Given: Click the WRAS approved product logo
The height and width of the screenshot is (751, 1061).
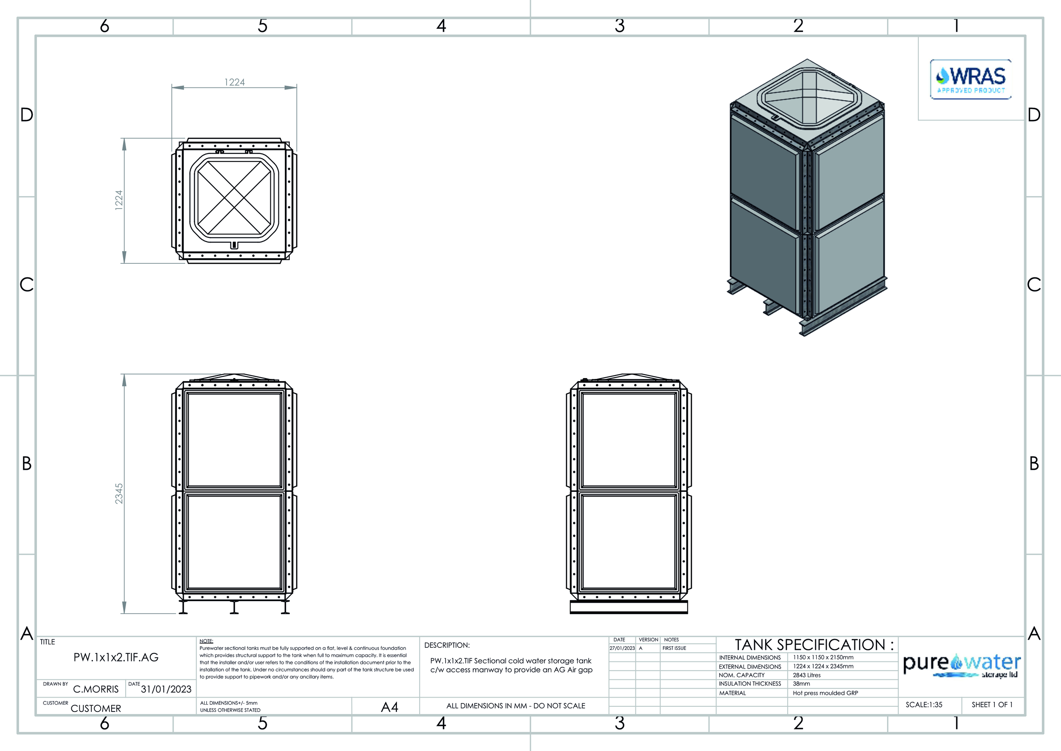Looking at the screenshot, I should tap(971, 79).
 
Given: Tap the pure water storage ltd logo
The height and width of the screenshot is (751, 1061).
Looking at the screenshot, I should tap(962, 665).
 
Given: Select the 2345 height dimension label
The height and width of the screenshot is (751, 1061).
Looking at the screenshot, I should tap(119, 494).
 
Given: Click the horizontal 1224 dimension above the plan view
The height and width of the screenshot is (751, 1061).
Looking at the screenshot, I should tap(234, 82).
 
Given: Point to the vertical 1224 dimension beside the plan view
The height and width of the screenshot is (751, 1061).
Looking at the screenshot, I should tap(119, 200).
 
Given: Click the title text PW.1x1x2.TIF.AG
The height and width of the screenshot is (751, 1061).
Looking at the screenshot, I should tap(116, 657).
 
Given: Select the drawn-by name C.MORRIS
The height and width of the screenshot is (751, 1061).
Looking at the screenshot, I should tap(95, 689).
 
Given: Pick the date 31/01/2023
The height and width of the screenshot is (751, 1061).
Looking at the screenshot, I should tap(166, 689).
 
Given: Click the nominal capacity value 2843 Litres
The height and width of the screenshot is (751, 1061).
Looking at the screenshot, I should tap(807, 675).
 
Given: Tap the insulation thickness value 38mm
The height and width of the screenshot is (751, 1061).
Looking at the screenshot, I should tap(801, 683).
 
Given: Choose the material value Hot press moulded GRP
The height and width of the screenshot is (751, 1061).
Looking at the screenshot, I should tap(825, 693).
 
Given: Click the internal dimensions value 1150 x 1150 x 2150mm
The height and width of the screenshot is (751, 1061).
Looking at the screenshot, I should tap(823, 657).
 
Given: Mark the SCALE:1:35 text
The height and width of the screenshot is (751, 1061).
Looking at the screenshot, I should tap(924, 705).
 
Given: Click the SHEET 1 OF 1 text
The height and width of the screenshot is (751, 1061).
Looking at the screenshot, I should tap(992, 705).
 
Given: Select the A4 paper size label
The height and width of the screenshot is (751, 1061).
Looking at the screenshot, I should tap(390, 707).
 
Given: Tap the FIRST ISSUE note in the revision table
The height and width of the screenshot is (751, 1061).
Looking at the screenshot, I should tap(674, 648).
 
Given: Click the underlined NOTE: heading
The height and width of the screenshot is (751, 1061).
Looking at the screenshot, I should tap(206, 641).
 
